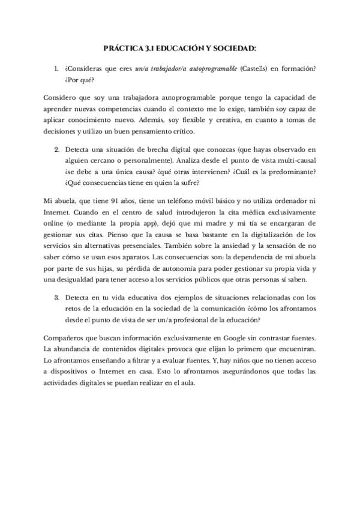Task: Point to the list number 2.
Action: pos(56,148)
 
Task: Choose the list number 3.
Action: pos(56,297)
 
